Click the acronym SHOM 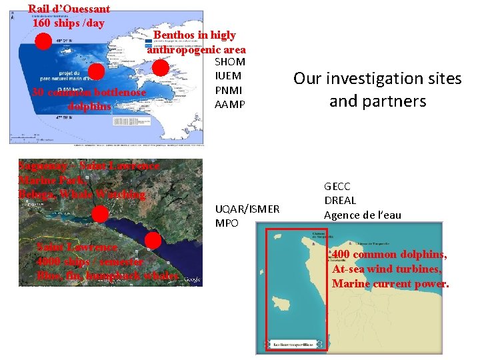click(x=230, y=62)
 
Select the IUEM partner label click(x=228, y=76)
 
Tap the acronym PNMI click(x=229, y=90)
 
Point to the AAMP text click(x=230, y=105)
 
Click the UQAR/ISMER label click(x=247, y=209)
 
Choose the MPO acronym click(x=227, y=223)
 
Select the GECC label click(x=337, y=187)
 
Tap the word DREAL click(x=340, y=201)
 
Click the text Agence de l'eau click(x=363, y=215)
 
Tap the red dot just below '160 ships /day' click(x=43, y=42)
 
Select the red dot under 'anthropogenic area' click(x=161, y=67)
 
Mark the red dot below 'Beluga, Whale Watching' click(x=100, y=213)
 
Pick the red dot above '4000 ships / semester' click(x=153, y=240)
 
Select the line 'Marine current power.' click(x=391, y=284)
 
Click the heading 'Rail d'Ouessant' click(x=69, y=9)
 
